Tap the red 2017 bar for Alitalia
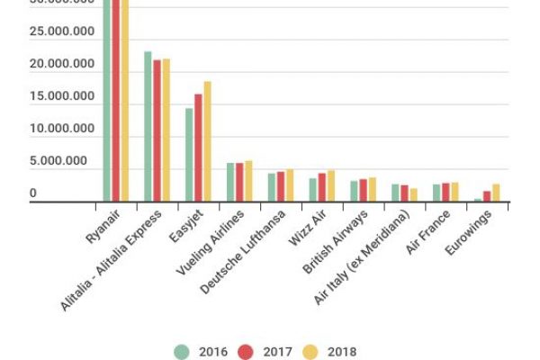point(157,130)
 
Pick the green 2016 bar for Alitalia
point(148,126)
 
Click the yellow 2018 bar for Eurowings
point(495,193)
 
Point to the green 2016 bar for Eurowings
point(478,200)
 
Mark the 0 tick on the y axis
point(33,193)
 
